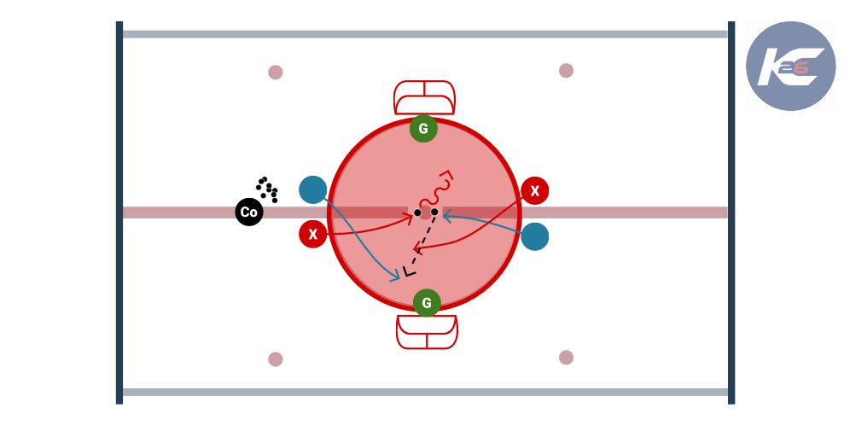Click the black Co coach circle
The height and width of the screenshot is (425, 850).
(249, 212)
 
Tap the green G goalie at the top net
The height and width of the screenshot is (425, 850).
(423, 129)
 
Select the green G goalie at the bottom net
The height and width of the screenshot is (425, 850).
(427, 302)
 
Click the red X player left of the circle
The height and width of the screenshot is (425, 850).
(313, 234)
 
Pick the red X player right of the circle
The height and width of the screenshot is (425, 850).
(534, 191)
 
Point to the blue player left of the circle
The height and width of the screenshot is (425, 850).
(313, 189)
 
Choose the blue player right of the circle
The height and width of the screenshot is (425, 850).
(534, 236)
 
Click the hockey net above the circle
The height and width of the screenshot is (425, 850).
(424, 97)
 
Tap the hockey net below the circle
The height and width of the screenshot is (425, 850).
(427, 332)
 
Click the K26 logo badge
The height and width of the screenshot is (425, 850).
(791, 66)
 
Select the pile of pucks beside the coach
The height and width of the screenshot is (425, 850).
(267, 189)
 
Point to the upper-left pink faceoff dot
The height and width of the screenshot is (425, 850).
(276, 72)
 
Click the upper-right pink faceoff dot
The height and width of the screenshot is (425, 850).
(566, 71)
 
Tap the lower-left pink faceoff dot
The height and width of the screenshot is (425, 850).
(276, 359)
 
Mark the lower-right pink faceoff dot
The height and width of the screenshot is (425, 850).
(566, 358)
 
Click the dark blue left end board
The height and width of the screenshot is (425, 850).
(119, 212)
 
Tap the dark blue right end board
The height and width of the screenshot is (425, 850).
(731, 212)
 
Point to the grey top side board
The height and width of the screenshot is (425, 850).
(425, 34)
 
